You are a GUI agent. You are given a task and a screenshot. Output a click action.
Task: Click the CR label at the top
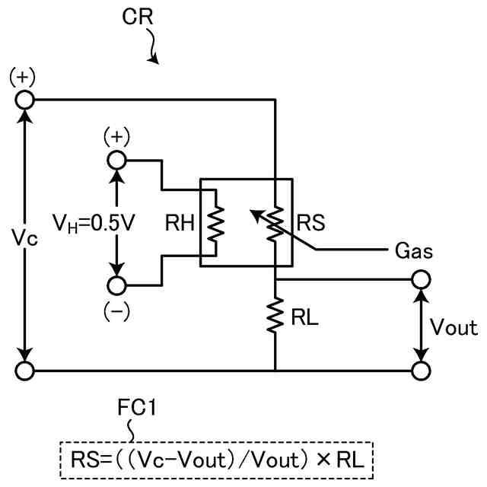pyautogui.click(x=138, y=17)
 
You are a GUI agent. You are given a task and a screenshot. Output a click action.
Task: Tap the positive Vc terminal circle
pyautogui.click(x=25, y=100)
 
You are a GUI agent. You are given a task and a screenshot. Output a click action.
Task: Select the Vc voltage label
pyautogui.click(x=24, y=238)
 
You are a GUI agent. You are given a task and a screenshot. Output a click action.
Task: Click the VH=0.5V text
pyautogui.click(x=94, y=223)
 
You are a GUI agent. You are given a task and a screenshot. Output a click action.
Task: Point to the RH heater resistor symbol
pyautogui.click(x=215, y=223)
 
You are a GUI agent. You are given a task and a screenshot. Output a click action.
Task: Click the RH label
pyautogui.click(x=180, y=223)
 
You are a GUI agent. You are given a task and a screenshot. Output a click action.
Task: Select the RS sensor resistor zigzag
pyautogui.click(x=275, y=223)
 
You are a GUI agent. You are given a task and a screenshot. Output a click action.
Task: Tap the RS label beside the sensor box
pyautogui.click(x=311, y=223)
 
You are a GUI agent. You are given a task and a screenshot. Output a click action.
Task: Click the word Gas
pyautogui.click(x=414, y=250)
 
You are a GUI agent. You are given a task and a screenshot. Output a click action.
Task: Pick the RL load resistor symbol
pyautogui.click(x=275, y=315)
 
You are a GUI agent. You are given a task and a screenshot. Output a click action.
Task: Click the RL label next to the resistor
pyautogui.click(x=304, y=317)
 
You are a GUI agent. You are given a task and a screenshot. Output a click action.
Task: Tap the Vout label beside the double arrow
pyautogui.click(x=454, y=326)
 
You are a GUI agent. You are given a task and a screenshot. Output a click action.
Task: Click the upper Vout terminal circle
pyautogui.click(x=421, y=279)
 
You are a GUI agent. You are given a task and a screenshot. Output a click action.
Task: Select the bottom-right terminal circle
pyautogui.click(x=421, y=371)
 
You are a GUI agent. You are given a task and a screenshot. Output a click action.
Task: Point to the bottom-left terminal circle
pyautogui.click(x=25, y=371)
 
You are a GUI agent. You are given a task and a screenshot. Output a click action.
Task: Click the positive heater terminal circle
pyautogui.click(x=116, y=161)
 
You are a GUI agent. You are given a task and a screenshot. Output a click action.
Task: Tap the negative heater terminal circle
pyautogui.click(x=116, y=285)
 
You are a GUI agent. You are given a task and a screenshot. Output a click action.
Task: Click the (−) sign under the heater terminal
pyautogui.click(x=116, y=312)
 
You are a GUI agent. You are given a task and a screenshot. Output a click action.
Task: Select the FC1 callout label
pyautogui.click(x=136, y=407)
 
